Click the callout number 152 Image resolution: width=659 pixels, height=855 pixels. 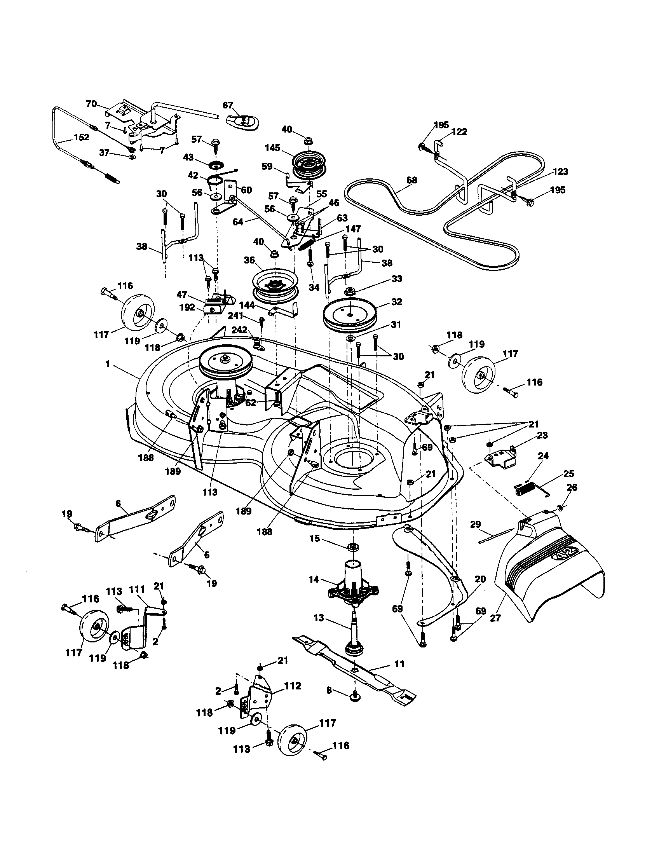(80, 138)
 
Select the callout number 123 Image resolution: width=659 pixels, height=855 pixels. (561, 171)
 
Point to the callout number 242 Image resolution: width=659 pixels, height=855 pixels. (239, 330)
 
